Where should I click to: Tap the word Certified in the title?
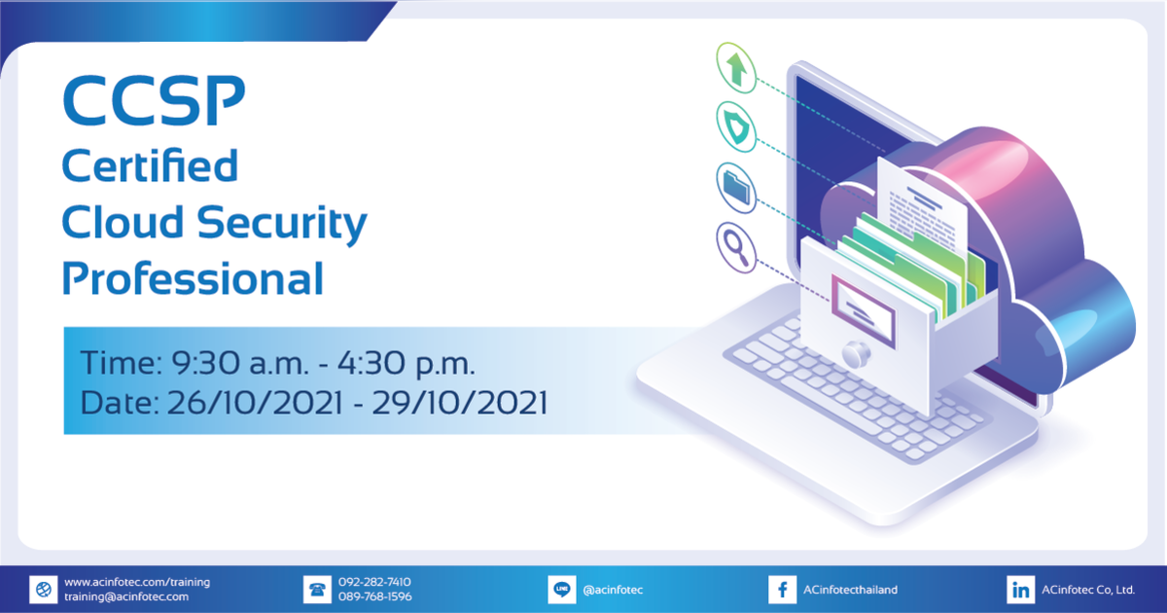pos(150,166)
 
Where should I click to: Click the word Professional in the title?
pos(193,279)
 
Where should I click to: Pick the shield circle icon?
pos(736,124)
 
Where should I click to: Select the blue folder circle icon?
pos(736,182)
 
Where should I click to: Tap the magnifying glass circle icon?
pos(736,243)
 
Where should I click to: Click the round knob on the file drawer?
pos(857,352)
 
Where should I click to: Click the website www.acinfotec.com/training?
pos(137,582)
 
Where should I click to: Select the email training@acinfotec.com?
pos(126,596)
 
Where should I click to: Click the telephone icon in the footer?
pos(317,590)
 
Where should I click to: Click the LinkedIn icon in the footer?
pos(1020,590)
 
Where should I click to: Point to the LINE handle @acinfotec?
pos(613,590)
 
